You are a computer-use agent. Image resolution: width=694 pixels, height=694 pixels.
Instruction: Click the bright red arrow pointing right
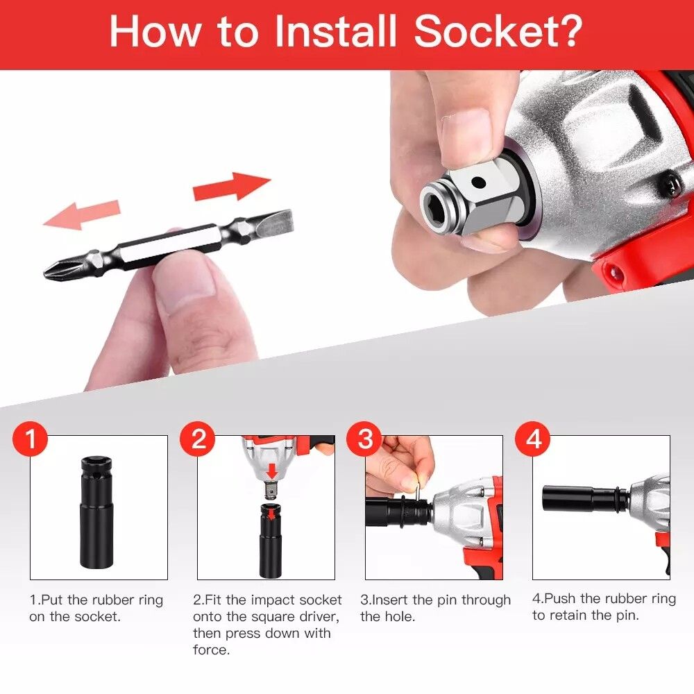point(232,186)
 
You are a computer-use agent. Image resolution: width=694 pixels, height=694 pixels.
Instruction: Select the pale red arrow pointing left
point(82,214)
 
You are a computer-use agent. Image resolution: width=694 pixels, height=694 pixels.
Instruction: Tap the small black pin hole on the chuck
point(478,182)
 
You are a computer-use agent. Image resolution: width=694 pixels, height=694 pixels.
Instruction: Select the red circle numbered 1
point(30,439)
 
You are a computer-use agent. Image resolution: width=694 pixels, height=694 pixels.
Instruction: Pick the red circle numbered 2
point(197,439)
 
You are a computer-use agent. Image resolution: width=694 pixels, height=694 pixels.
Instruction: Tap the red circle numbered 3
point(365,439)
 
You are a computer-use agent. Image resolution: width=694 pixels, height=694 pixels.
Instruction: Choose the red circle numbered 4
point(533,439)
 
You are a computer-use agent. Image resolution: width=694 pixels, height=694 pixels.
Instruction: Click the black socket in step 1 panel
point(97,513)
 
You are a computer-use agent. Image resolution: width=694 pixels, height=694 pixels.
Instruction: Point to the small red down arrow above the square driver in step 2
point(272,471)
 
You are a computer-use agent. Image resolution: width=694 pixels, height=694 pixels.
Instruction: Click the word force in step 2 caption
point(211,650)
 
